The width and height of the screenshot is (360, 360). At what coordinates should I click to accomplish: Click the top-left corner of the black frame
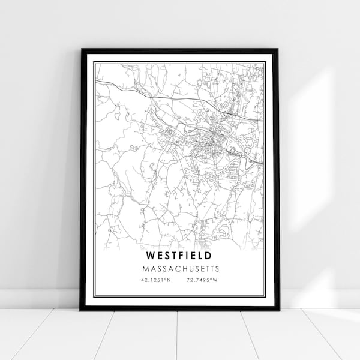[x=81, y=50]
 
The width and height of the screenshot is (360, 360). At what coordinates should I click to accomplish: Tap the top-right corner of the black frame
[x=278, y=50]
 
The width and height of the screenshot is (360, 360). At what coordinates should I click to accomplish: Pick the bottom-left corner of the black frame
[x=81, y=310]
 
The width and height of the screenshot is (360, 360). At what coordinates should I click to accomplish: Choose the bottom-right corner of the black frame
[x=278, y=310]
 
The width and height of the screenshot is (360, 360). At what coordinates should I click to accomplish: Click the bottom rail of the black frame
[x=180, y=308]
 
